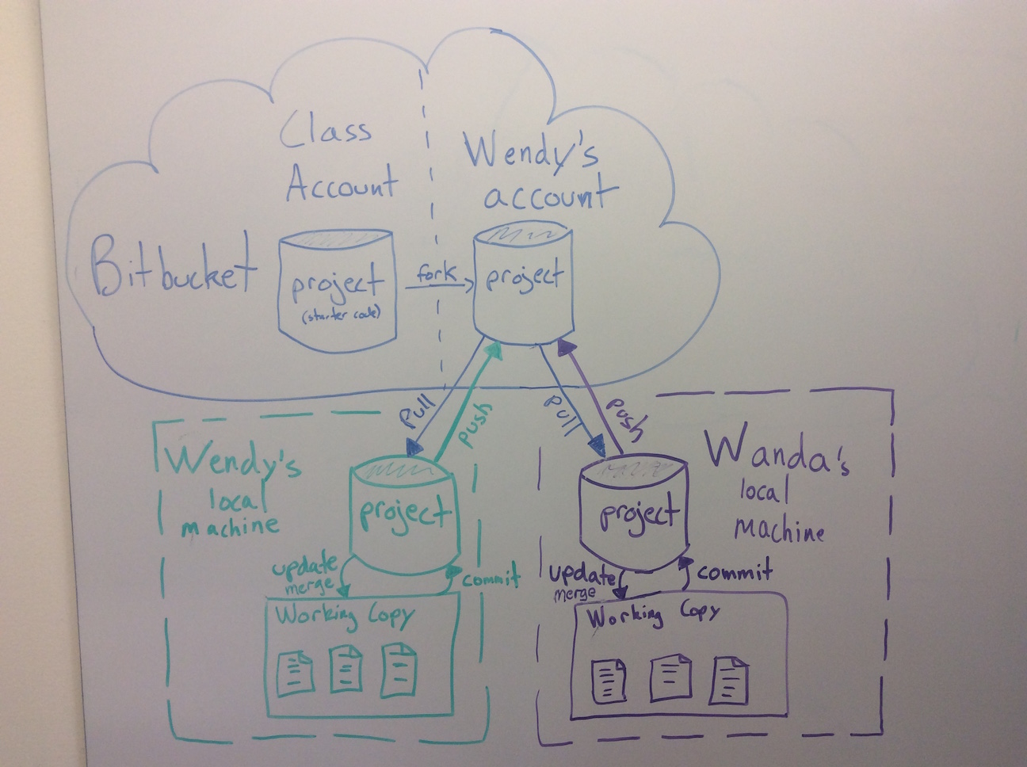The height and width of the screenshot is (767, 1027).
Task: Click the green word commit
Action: [x=491, y=578]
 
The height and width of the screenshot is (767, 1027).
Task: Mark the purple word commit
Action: [x=735, y=570]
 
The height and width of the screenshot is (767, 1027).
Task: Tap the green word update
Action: [x=306, y=569]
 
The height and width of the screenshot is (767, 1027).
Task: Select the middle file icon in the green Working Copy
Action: [x=346, y=667]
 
